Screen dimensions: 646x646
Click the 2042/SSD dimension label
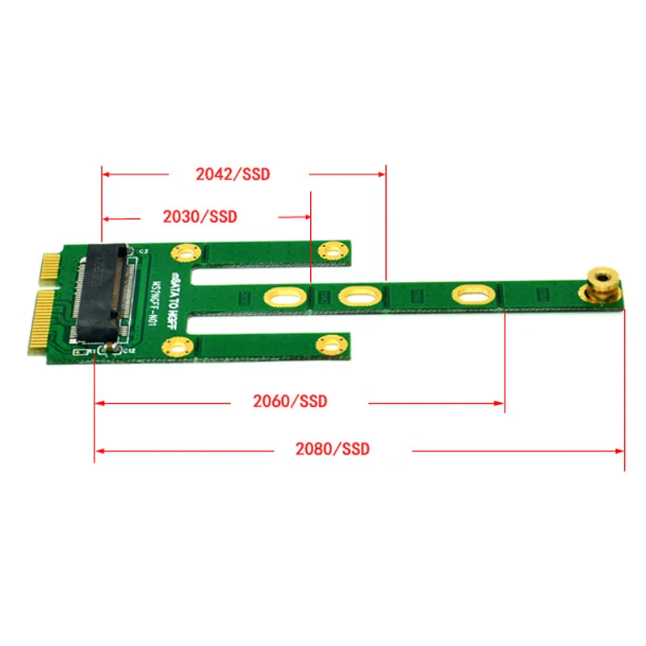tap(233, 174)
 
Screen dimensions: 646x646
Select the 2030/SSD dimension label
tap(199, 216)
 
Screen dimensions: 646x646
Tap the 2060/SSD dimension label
tap(290, 401)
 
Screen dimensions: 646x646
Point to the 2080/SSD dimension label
tap(332, 449)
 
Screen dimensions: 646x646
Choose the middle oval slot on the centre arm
tap(355, 296)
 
